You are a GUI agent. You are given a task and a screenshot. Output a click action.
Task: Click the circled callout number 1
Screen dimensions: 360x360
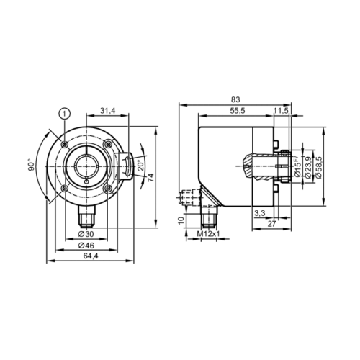64,114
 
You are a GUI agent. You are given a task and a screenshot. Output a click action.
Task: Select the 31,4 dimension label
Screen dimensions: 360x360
108,111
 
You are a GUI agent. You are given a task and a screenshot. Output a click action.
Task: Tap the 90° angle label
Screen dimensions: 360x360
32,165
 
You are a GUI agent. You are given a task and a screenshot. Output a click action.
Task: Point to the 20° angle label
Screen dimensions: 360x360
140,165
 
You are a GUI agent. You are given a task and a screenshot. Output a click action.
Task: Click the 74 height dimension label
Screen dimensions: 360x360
150,178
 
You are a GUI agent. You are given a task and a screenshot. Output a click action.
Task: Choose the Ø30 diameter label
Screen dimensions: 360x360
86,234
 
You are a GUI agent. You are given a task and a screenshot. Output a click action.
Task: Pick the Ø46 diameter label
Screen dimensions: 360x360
86,246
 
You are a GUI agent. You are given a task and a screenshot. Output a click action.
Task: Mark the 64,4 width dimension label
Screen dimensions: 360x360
91,256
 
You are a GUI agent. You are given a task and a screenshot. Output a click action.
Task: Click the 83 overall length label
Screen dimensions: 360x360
235,99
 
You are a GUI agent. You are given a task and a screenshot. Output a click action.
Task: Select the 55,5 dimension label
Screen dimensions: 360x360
238,111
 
